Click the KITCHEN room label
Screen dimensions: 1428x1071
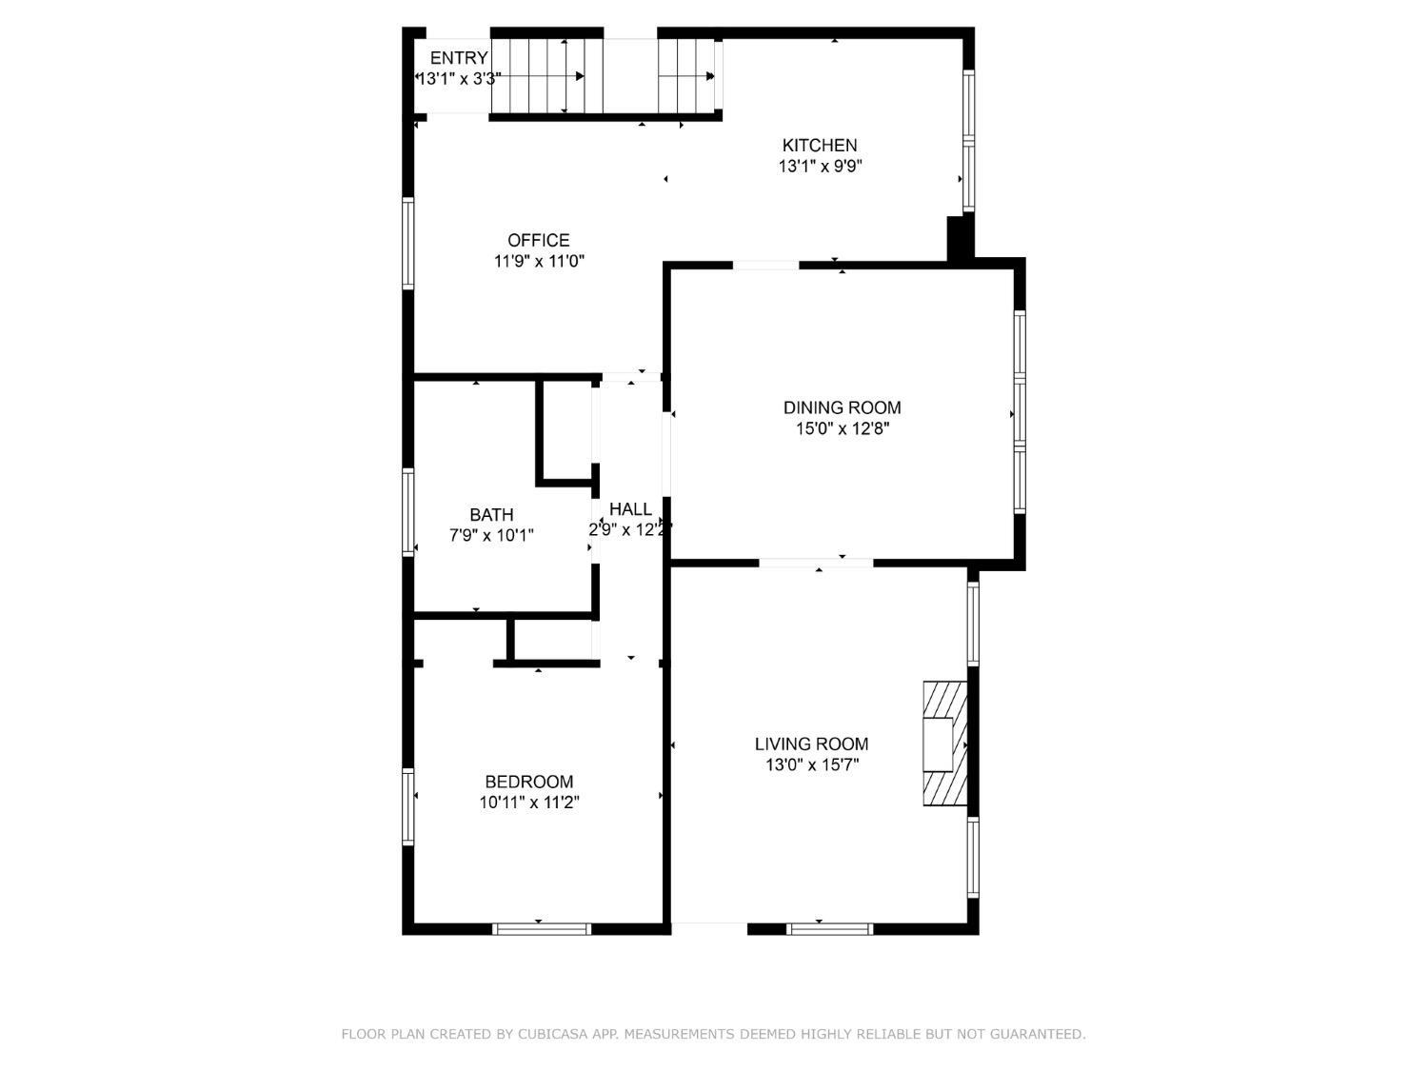click(819, 145)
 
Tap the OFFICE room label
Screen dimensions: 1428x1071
click(538, 241)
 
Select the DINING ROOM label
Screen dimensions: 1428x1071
click(842, 407)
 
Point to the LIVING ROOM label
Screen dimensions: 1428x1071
click(811, 744)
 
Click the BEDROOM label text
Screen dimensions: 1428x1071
click(529, 782)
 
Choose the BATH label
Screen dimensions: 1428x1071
click(491, 515)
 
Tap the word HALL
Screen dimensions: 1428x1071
click(630, 509)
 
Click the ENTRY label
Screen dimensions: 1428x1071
click(459, 58)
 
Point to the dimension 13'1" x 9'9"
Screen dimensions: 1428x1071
click(820, 167)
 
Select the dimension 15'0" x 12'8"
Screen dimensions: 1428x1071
click(843, 429)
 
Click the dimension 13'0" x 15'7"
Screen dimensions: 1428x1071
click(812, 765)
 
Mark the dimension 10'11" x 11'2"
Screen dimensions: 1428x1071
click(529, 803)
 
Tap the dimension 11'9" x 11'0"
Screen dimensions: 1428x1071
click(539, 262)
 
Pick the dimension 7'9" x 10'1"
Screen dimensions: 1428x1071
click(491, 536)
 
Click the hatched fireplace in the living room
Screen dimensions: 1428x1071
click(944, 744)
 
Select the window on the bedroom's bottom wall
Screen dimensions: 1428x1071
click(542, 929)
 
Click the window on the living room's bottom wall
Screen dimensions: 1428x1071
click(829, 929)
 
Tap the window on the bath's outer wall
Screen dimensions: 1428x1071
click(407, 512)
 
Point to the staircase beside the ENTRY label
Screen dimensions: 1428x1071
click(546, 76)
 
